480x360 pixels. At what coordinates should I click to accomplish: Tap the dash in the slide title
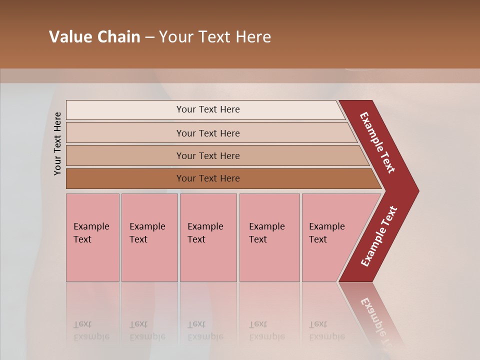click(149, 37)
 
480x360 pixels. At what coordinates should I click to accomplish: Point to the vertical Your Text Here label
click(57, 143)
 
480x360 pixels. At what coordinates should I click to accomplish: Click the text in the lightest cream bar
click(208, 109)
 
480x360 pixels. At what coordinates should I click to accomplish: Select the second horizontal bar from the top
click(208, 133)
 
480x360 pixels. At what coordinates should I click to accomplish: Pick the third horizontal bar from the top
click(208, 155)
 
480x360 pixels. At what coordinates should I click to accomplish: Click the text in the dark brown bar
click(208, 178)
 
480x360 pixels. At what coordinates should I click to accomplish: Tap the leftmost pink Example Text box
click(92, 237)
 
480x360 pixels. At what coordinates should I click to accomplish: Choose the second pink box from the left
click(149, 237)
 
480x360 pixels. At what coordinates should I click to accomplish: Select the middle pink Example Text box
click(208, 237)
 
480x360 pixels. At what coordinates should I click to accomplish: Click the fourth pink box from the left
click(269, 237)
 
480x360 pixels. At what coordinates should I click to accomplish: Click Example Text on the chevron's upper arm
click(377, 142)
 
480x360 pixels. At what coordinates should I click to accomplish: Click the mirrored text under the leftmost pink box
click(91, 330)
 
